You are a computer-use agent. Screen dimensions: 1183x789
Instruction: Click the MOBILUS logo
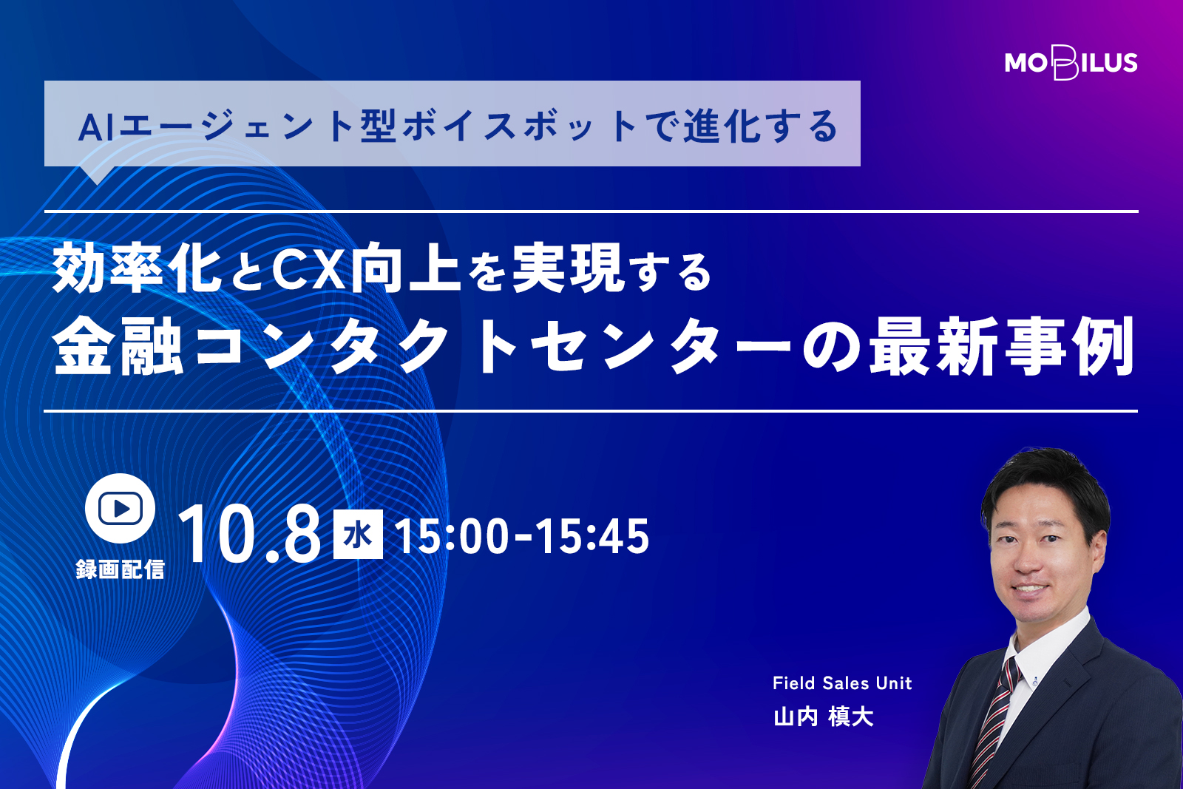[1071, 63]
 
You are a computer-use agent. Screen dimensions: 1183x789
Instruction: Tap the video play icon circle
[120, 508]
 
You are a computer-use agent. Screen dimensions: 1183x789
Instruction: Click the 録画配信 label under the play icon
[121, 569]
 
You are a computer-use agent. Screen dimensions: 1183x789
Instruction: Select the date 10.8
[249, 535]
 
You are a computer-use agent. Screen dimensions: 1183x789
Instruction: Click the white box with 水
[358, 534]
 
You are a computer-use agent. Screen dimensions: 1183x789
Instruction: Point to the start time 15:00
[452, 537]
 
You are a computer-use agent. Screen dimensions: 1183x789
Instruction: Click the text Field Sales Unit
[842, 683]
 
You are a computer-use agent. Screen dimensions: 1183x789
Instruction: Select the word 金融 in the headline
[118, 346]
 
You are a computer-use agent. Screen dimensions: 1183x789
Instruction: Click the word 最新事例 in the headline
[1003, 346]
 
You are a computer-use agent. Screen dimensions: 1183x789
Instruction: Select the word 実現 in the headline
[569, 268]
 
